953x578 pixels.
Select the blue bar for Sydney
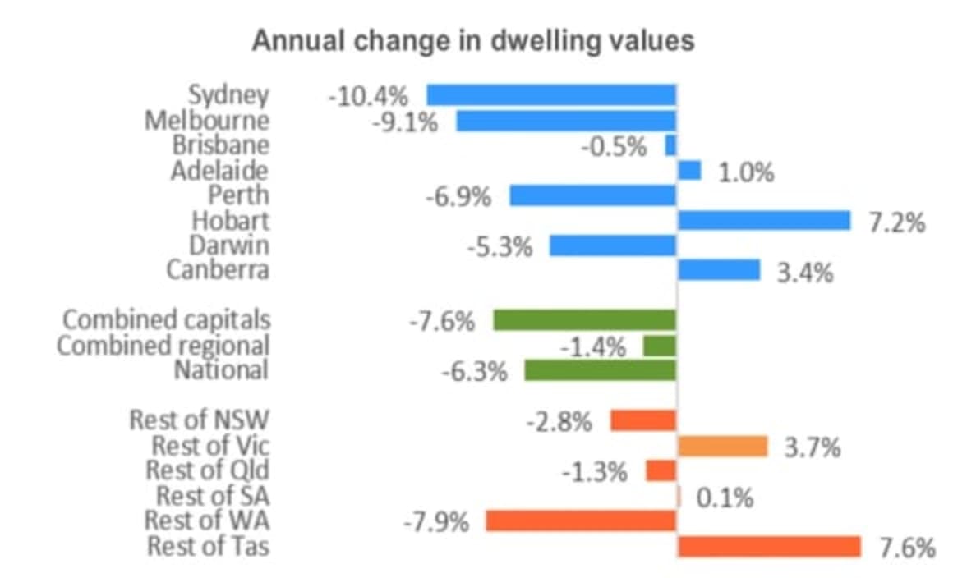pyautogui.click(x=550, y=94)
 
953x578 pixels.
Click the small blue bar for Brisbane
pyautogui.click(x=670, y=145)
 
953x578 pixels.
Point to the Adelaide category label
pyautogui.click(x=219, y=171)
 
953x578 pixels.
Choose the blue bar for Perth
pyautogui.click(x=592, y=195)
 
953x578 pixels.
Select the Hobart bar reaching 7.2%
pyautogui.click(x=763, y=220)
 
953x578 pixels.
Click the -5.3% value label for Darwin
pyautogui.click(x=500, y=245)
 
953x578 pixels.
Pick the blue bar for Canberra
pyautogui.click(x=719, y=270)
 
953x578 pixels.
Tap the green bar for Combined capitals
pyautogui.click(x=584, y=320)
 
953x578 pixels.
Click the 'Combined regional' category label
pyautogui.click(x=163, y=346)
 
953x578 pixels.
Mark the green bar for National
pyautogui.click(x=600, y=370)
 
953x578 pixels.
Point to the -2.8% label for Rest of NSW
pyautogui.click(x=559, y=422)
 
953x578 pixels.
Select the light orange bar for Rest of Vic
pyautogui.click(x=722, y=446)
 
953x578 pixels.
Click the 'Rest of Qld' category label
pyautogui.click(x=207, y=471)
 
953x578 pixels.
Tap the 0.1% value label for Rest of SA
pyautogui.click(x=725, y=498)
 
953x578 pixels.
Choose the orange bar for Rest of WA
pyautogui.click(x=581, y=521)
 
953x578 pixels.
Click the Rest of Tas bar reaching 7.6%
pyautogui.click(x=769, y=547)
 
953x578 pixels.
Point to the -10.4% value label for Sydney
pyautogui.click(x=367, y=96)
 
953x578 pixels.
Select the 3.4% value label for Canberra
pyautogui.click(x=804, y=272)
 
